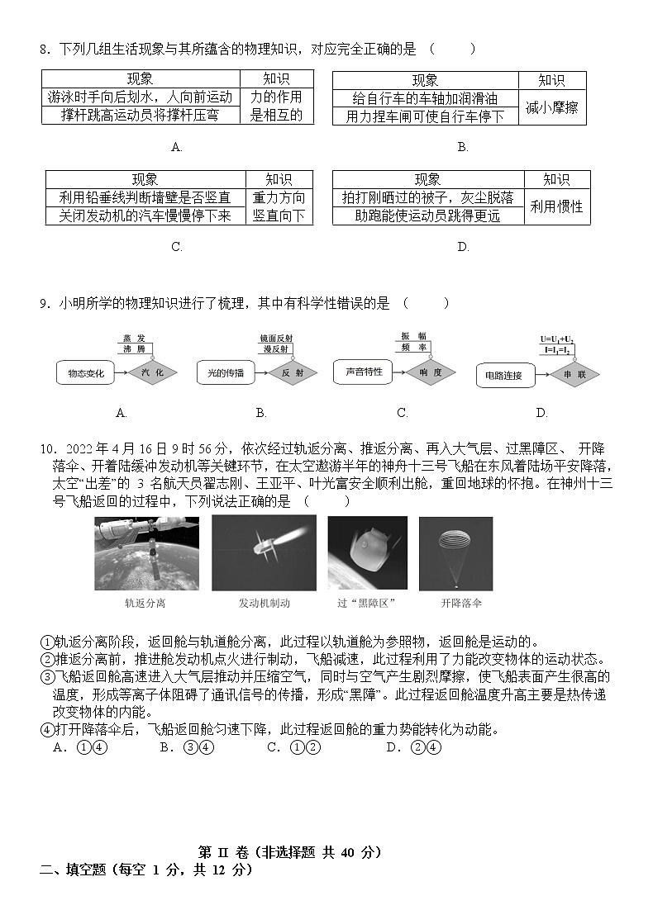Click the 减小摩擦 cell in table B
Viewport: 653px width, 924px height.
(x=551, y=107)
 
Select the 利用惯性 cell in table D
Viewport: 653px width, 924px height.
(x=556, y=206)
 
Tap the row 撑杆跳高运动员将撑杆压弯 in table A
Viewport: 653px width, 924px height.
(x=141, y=116)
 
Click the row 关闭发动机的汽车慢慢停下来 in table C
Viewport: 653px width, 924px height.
(x=145, y=216)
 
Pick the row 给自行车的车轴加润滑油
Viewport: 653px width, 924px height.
(x=425, y=98)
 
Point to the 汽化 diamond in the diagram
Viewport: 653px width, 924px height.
(x=153, y=373)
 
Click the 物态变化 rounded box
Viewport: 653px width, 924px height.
(x=86, y=373)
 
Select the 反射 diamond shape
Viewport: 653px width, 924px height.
(x=293, y=373)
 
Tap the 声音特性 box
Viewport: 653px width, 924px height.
(x=364, y=372)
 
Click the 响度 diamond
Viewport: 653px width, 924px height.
(x=431, y=372)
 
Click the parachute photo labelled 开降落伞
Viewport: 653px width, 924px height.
(x=455, y=553)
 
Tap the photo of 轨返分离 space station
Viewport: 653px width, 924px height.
(x=146, y=553)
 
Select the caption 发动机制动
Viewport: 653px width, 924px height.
(x=264, y=604)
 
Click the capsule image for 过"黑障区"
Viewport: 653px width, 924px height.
(x=367, y=553)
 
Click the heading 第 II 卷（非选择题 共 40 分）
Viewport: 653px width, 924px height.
(x=290, y=852)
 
